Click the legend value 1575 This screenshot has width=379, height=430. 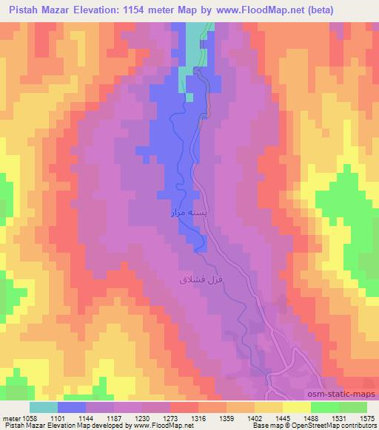(x=367, y=417)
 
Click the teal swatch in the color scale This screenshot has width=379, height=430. (x=43, y=407)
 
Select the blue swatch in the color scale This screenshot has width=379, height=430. (x=72, y=407)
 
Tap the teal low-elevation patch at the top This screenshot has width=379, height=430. (x=194, y=44)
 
